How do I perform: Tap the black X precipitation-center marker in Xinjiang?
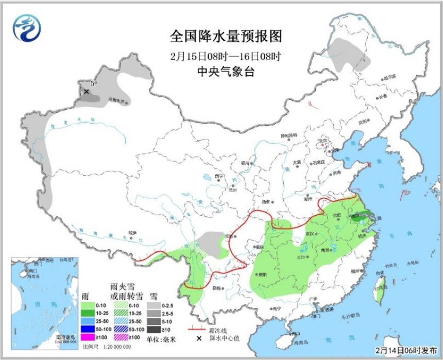pos(86,92)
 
